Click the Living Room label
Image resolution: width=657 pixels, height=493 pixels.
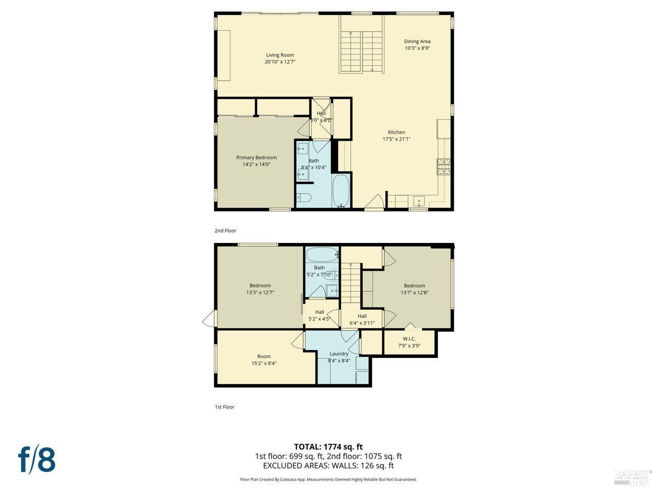(x=280, y=55)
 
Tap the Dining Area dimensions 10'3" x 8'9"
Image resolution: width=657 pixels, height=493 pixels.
(x=417, y=48)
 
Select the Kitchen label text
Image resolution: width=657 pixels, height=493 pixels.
(x=396, y=132)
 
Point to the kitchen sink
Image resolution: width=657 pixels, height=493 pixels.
(x=419, y=202)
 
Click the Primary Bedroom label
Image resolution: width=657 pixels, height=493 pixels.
(x=256, y=158)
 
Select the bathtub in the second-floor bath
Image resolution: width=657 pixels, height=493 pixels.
(x=341, y=192)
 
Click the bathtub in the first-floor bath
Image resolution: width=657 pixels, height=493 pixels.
(x=321, y=254)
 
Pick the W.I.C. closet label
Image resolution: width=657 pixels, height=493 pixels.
(x=409, y=338)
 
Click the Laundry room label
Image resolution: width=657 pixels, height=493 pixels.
(x=339, y=353)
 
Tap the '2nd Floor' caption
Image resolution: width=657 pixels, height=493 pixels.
(x=225, y=231)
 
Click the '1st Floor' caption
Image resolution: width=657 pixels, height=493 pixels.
(x=224, y=407)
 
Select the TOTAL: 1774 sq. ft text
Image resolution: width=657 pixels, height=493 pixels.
(x=328, y=446)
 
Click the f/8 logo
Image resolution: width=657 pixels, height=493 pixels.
(x=36, y=459)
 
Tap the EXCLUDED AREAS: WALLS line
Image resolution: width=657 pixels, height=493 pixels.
(x=328, y=466)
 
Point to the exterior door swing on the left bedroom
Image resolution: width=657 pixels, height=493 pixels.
(x=208, y=320)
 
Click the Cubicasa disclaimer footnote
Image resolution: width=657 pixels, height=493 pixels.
(x=328, y=479)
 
